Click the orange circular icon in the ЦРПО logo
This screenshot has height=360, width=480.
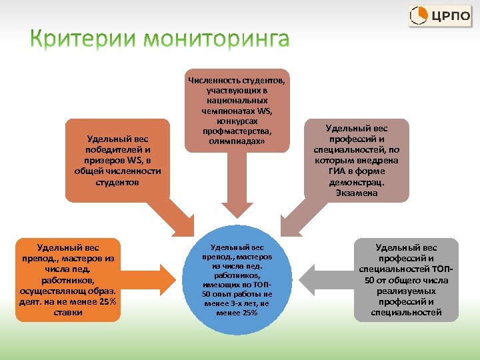coord(419,15)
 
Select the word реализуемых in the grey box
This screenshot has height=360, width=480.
coord(407,291)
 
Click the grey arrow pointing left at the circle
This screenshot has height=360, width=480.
coord(323,275)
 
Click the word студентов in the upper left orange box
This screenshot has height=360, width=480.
coord(117,181)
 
